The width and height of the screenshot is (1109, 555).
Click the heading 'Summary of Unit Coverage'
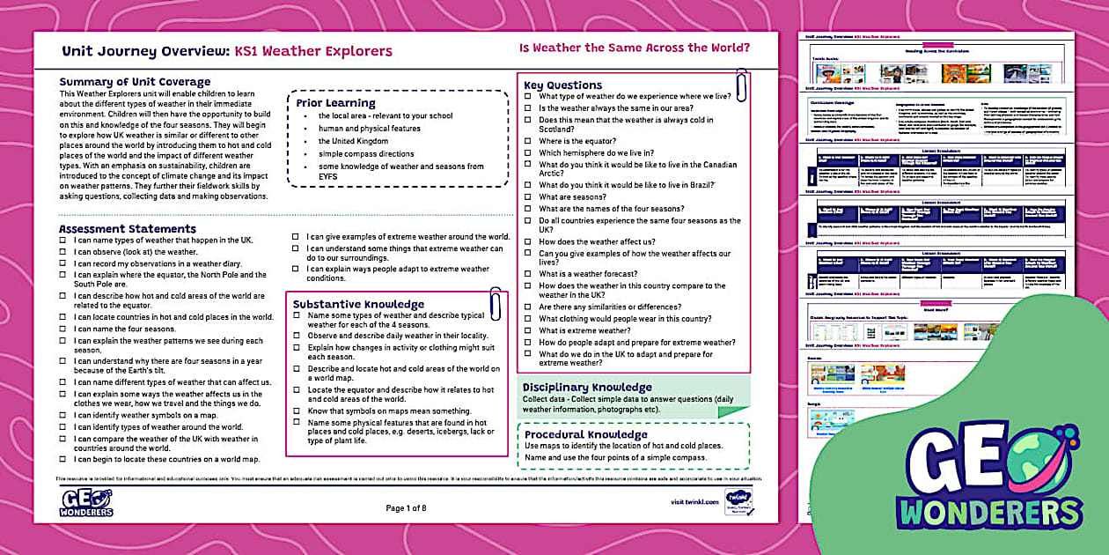[135, 82]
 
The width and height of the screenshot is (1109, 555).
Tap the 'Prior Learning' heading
[335, 103]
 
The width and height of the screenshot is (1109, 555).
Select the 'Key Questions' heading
[562, 85]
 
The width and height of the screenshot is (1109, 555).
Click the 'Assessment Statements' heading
[128, 229]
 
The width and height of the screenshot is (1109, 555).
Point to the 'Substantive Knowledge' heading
[358, 304]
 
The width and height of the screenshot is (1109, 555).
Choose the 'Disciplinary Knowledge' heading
[587, 387]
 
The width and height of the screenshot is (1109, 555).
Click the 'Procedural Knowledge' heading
[585, 434]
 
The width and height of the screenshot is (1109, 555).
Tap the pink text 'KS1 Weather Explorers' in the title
[313, 51]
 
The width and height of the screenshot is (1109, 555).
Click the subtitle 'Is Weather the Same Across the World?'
[635, 48]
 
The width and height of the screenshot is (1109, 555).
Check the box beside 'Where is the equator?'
[529, 142]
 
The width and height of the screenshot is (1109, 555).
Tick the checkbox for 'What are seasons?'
[529, 198]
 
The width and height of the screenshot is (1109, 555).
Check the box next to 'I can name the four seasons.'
[63, 329]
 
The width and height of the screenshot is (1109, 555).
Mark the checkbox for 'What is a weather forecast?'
[529, 275]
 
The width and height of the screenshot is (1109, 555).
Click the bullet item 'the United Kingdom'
[353, 141]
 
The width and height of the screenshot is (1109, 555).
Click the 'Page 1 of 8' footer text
[406, 508]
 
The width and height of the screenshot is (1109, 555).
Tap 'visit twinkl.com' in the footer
[694, 501]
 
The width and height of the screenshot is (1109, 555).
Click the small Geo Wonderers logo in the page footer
[86, 501]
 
